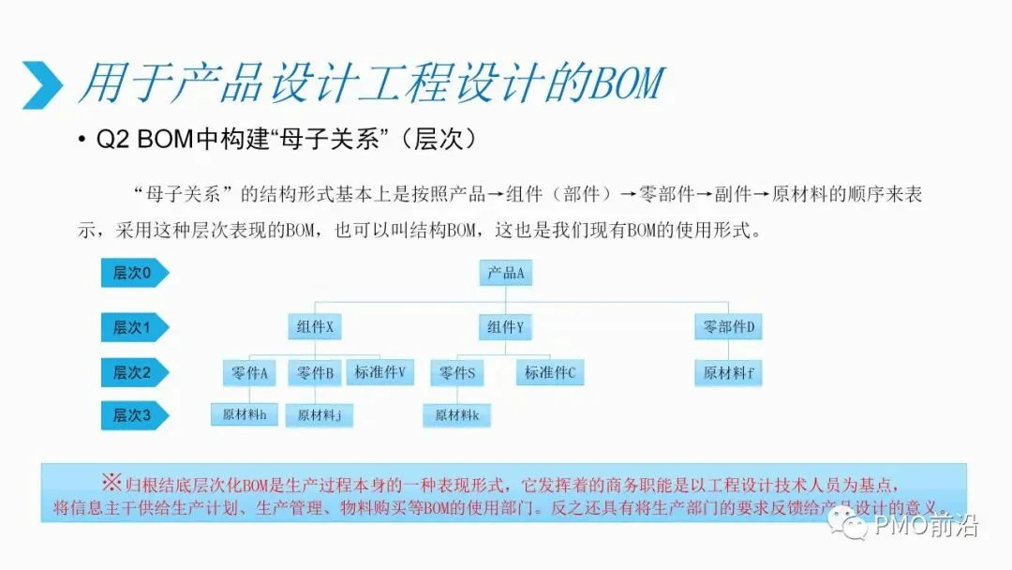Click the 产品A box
pos(505,273)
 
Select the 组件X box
pos(314,326)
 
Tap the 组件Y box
pos(505,326)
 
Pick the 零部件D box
pos(728,326)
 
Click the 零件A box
pos(249,372)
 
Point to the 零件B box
pos(314,372)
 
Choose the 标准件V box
pos(380,372)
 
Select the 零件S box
pos(457,372)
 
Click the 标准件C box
pos(550,372)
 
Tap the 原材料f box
pos(728,372)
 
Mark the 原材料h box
pos(244,414)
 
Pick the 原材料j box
pos(319,415)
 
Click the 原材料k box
pos(457,415)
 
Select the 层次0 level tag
pos(135,273)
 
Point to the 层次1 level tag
pos(135,327)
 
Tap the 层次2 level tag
pos(135,372)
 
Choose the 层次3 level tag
pos(135,415)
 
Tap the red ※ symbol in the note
pos(111,482)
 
